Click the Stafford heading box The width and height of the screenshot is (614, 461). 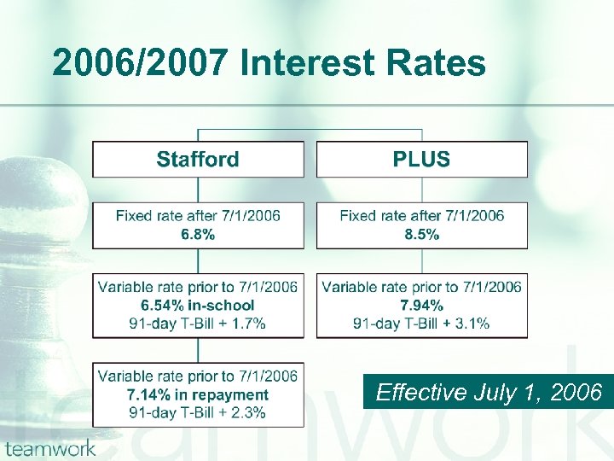pos(198,160)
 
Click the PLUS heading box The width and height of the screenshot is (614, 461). pos(421,160)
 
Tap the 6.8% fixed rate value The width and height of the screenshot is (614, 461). pos(198,234)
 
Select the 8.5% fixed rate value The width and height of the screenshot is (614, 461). pos(421,234)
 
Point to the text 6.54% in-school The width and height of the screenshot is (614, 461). pos(198,305)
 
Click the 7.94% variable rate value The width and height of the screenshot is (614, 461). pos(421,305)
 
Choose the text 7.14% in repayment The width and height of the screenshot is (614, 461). pos(198,394)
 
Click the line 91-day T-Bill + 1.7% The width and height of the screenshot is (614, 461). pos(198,323)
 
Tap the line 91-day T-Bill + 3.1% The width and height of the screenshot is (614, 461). pos(421,323)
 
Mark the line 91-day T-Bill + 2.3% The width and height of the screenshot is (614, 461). pos(198,412)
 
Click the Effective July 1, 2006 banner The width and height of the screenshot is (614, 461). pos(489,392)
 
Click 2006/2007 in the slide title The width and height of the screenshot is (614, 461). pos(142,63)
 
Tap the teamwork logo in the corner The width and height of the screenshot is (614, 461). pos(49,448)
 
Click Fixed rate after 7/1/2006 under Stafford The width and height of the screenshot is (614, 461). pos(198,216)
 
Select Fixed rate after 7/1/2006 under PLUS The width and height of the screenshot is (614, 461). pos(421,216)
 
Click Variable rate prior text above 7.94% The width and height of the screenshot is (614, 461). pos(421,287)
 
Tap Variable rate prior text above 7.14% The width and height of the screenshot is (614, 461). pos(198,376)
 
